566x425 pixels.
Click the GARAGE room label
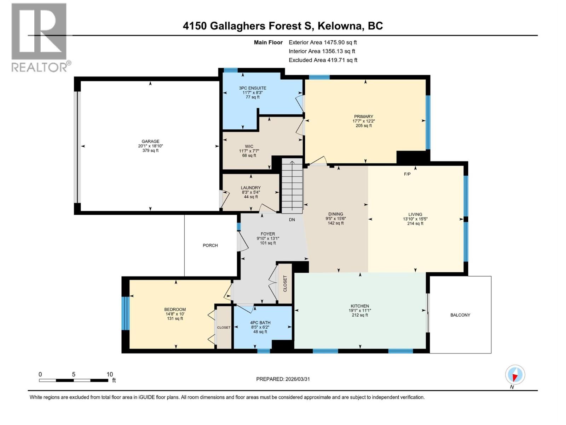[150, 141]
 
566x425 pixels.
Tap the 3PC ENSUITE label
[253, 88]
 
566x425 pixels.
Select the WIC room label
[249, 146]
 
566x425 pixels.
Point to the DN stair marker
[292, 220]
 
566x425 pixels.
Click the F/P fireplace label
[407, 174]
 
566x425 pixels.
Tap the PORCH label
[210, 245]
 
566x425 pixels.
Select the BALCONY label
[460, 315]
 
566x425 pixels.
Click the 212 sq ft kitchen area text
[360, 315]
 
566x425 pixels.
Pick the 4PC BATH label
[260, 323]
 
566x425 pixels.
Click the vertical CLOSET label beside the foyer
[285, 283]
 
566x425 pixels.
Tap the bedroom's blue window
[124, 313]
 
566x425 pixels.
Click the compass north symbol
[515, 375]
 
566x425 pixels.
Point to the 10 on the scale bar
[110, 374]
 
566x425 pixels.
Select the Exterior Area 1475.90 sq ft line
[323, 42]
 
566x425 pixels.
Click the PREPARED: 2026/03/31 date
[283, 379]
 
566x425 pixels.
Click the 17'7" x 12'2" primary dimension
[364, 121]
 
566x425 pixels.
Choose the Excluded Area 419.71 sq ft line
[323, 60]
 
